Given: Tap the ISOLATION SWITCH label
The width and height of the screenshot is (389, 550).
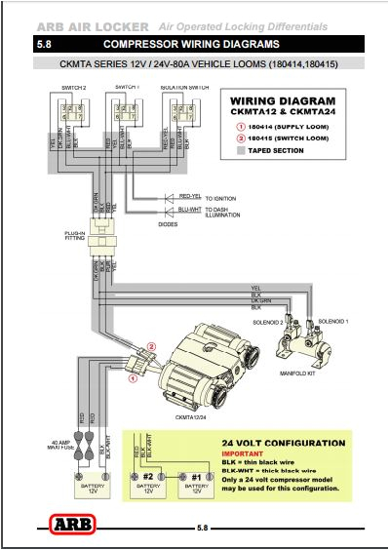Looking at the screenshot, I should click(x=183, y=87).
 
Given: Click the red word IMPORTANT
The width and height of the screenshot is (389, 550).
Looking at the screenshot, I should click(x=240, y=453).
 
